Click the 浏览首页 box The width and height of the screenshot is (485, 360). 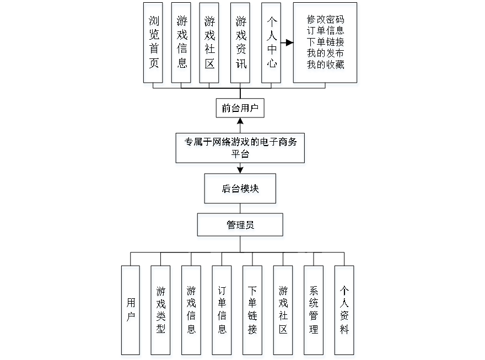click(x=154, y=44)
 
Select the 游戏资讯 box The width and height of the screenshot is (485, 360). click(x=241, y=44)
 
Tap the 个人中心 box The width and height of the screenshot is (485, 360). click(x=272, y=44)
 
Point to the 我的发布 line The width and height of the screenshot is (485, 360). click(x=326, y=54)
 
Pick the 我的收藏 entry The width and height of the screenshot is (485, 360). click(x=326, y=65)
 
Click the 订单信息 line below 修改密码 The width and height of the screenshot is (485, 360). click(x=326, y=31)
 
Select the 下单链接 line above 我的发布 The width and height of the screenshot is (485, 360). click(x=326, y=43)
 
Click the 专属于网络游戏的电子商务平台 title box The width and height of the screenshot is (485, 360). click(x=240, y=149)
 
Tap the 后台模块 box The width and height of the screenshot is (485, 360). click(x=241, y=190)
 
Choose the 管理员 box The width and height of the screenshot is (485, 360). click(x=241, y=226)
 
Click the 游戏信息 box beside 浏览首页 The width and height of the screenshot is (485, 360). click(x=182, y=44)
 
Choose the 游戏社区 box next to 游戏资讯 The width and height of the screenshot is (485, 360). click(x=209, y=44)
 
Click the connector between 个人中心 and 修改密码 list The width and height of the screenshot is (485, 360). click(x=287, y=42)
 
